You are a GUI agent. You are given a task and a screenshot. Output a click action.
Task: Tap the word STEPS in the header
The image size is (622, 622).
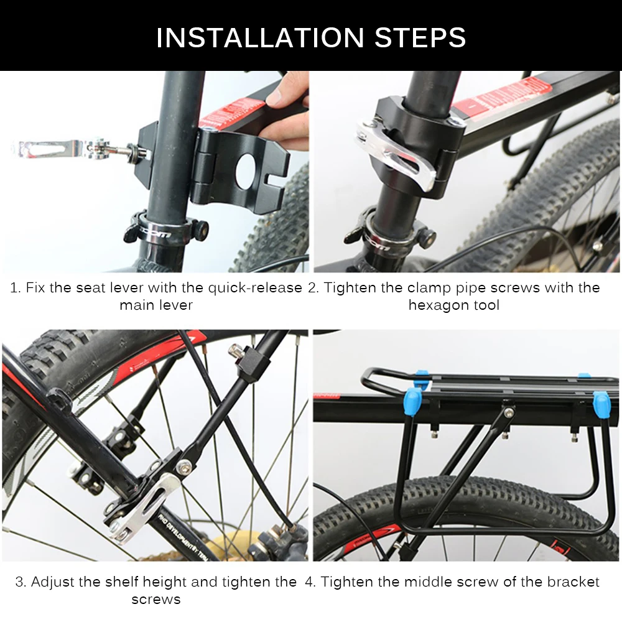click(420, 37)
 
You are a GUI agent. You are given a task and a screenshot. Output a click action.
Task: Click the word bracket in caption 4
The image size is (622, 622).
click(573, 582)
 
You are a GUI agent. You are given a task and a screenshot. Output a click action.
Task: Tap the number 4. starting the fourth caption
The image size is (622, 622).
click(310, 582)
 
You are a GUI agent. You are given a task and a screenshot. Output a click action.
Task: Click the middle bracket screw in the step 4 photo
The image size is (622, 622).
click(510, 411)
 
